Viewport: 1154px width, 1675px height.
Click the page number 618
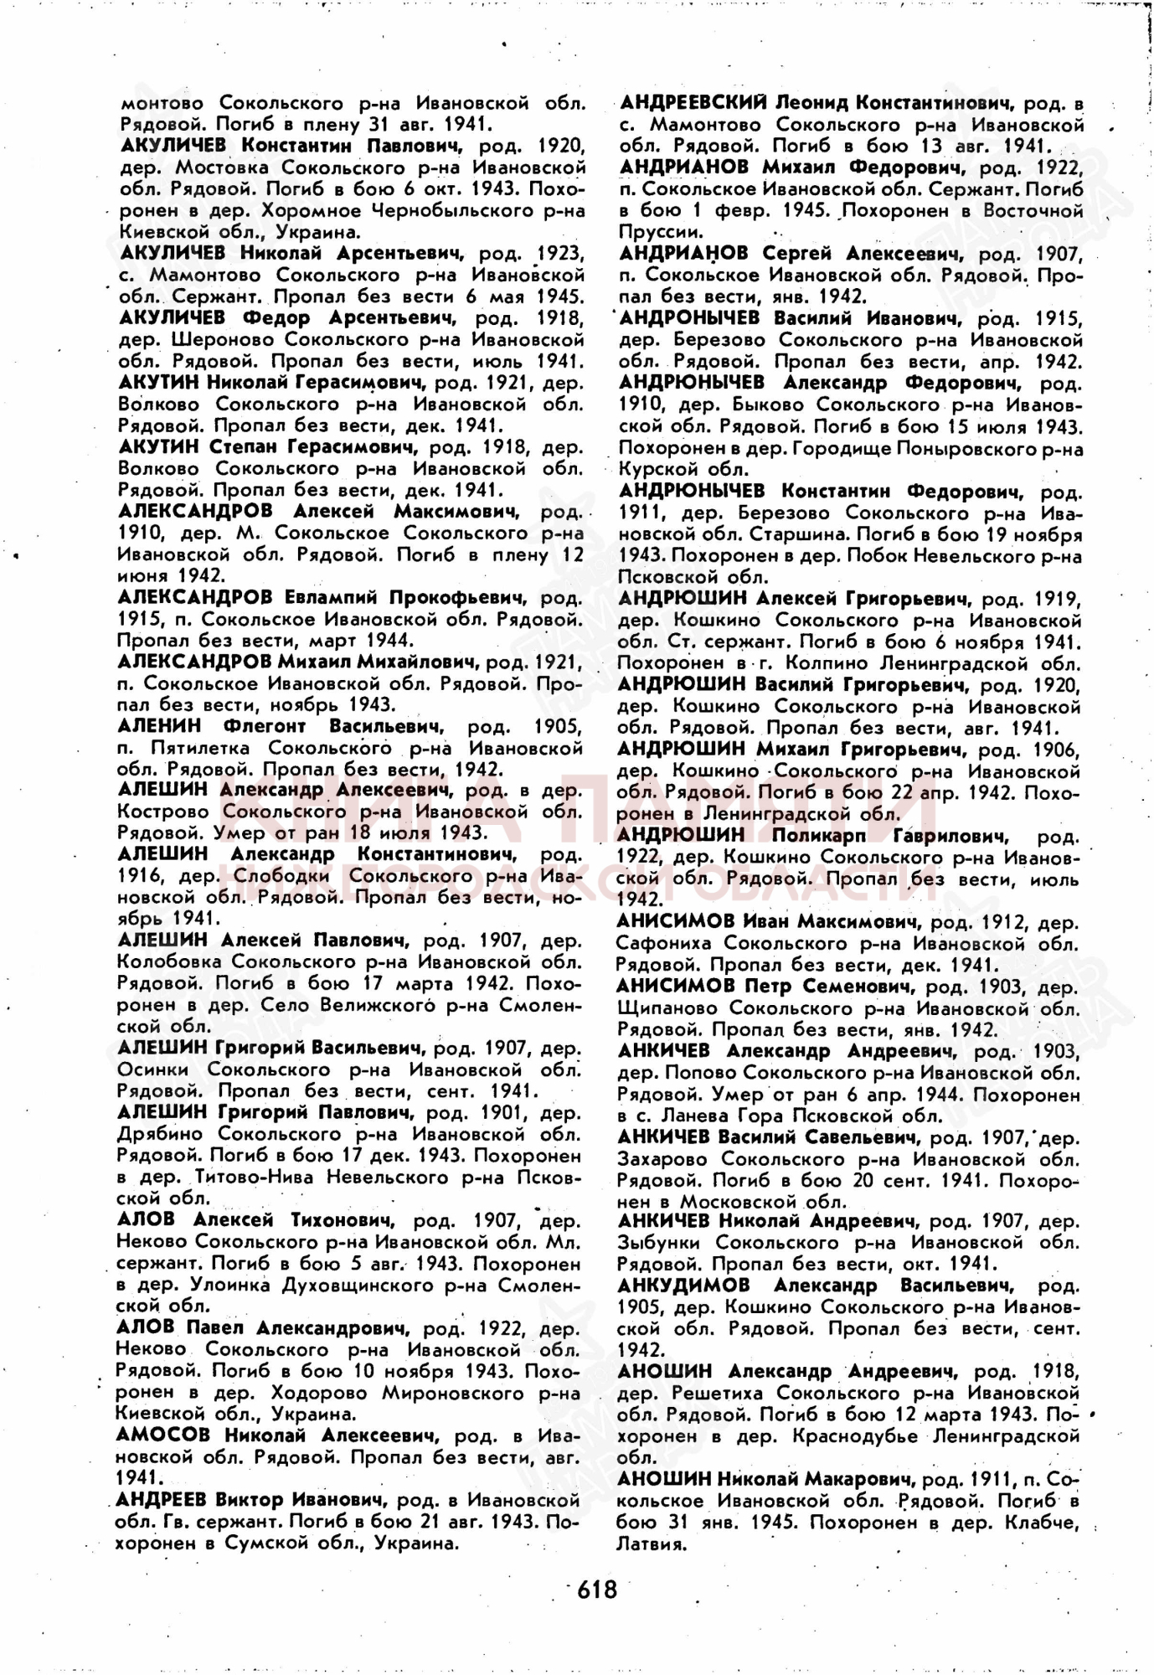(x=596, y=1589)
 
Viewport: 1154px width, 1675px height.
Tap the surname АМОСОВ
(x=164, y=1435)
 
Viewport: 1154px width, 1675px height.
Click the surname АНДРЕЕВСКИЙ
(x=693, y=103)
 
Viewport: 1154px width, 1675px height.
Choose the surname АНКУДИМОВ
(x=683, y=1286)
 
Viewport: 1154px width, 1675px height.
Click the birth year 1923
(x=560, y=253)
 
